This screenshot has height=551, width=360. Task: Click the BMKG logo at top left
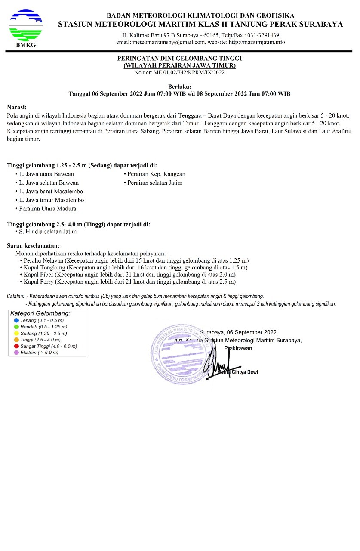click(x=26, y=27)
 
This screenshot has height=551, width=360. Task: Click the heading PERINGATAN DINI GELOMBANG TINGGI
click(x=180, y=59)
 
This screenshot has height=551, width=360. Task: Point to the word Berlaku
click(x=179, y=87)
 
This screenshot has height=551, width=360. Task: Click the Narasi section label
click(x=17, y=107)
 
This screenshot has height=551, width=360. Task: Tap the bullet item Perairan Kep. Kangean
click(x=156, y=174)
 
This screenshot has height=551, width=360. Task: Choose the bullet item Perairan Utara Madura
click(x=48, y=209)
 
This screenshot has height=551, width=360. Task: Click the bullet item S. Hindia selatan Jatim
click(x=48, y=232)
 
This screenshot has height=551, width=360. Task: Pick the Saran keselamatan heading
click(x=33, y=245)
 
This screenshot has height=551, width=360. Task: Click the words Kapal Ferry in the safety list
click(x=40, y=282)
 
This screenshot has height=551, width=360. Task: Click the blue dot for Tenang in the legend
click(x=16, y=321)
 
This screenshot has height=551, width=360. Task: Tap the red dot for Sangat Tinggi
click(x=16, y=346)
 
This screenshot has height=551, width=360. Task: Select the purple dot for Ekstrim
click(x=16, y=353)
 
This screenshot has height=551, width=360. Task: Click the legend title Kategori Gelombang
click(x=40, y=313)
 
